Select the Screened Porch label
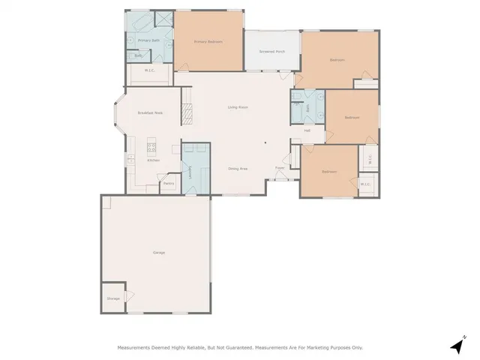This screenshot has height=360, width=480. point(271,52)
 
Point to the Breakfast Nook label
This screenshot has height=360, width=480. point(151,112)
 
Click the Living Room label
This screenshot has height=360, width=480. point(238,107)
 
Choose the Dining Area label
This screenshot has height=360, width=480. point(238,169)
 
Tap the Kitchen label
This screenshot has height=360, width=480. point(153,160)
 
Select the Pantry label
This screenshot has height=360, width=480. point(169,183)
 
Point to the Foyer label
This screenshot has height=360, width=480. point(280,168)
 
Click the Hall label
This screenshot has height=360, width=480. point(307,131)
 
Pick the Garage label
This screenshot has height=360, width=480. point(158,252)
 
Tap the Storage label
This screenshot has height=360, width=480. point(112,298)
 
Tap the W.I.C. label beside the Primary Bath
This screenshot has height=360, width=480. point(150,71)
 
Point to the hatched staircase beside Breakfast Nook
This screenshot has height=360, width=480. point(188,113)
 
